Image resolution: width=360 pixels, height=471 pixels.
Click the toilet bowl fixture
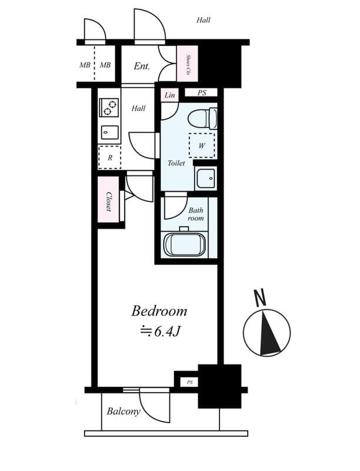(x=202, y=119)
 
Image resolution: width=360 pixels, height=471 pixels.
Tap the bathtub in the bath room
(x=185, y=244)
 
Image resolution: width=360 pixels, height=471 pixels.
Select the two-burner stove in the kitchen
(x=109, y=108)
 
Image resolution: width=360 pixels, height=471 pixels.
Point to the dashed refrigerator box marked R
(x=109, y=157)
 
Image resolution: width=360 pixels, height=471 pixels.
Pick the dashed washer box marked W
(x=202, y=145)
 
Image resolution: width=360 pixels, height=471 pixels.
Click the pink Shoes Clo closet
(x=188, y=64)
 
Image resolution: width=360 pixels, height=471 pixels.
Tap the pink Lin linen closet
(x=169, y=95)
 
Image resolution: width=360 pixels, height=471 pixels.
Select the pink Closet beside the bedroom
(x=108, y=200)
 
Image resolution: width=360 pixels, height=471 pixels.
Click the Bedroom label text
(x=159, y=311)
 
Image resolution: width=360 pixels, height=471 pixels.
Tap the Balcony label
(x=124, y=411)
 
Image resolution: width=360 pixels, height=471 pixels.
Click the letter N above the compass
(x=260, y=297)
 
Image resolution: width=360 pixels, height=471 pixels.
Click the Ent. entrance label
(x=142, y=66)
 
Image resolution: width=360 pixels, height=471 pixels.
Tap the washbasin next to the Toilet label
(x=205, y=178)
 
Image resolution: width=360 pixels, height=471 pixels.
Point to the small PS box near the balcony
(x=189, y=382)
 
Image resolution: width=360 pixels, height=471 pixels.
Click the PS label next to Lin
(x=202, y=93)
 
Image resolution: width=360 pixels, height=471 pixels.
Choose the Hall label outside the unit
(x=204, y=20)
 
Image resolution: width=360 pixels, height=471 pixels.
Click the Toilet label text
(x=176, y=163)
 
